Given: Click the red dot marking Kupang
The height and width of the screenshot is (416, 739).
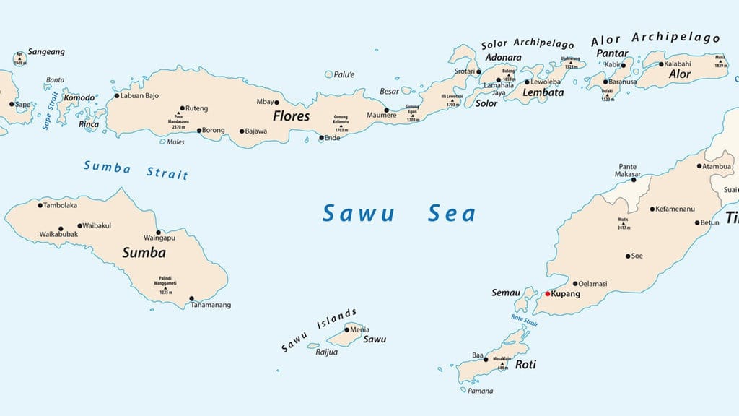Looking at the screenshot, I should [x=548, y=294].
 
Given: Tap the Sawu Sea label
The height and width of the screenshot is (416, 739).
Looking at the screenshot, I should [x=398, y=214].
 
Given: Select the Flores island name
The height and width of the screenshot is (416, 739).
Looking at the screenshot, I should [x=291, y=116].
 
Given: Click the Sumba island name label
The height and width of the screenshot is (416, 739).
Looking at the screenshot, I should [x=144, y=253].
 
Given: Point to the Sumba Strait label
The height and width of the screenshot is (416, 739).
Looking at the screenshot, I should [x=136, y=170].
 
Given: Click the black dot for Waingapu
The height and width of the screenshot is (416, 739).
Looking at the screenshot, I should [x=159, y=233].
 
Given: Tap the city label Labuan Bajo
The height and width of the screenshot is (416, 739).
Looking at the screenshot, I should [x=140, y=95].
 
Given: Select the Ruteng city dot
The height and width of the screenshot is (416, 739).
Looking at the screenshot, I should [x=182, y=108].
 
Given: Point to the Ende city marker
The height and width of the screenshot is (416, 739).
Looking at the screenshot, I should [x=322, y=138].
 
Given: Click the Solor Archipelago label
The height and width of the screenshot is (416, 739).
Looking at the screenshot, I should [x=529, y=43].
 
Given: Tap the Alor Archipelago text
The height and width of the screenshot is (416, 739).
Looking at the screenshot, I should [x=655, y=38].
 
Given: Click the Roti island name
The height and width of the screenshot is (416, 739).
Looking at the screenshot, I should [x=525, y=365].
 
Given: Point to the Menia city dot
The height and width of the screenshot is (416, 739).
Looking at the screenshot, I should [x=346, y=330].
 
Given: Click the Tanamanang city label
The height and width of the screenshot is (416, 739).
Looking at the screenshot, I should [x=211, y=305].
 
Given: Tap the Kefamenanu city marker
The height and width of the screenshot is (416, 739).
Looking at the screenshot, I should [x=652, y=209].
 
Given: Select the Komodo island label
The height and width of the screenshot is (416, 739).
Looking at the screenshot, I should [x=79, y=98].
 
